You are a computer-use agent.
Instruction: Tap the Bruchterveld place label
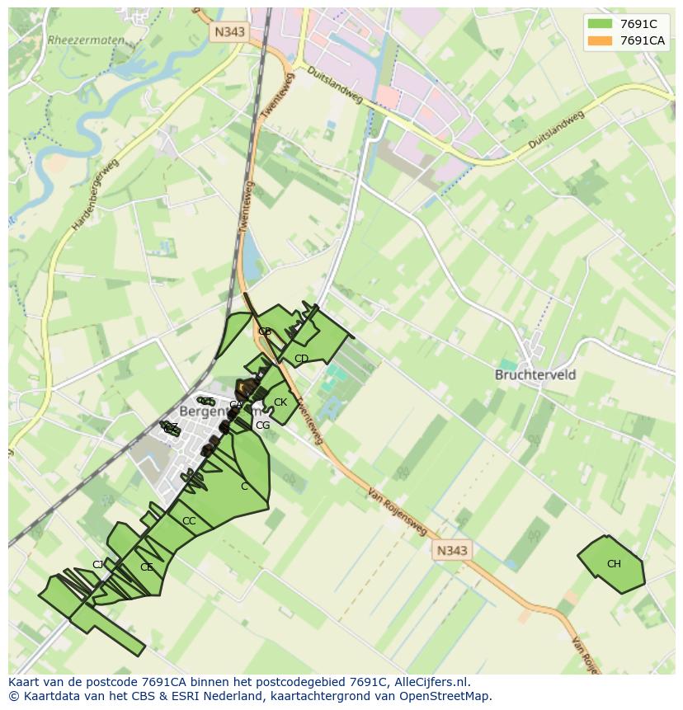(x=535, y=374)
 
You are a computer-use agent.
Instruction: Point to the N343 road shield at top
(x=228, y=31)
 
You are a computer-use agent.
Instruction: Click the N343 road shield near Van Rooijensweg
(x=451, y=550)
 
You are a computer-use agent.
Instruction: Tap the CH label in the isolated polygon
(x=614, y=564)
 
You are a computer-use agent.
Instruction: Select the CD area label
(x=301, y=359)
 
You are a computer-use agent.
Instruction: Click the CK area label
(x=280, y=402)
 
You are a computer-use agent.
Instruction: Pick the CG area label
(x=262, y=426)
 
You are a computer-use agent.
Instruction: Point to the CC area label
(x=189, y=521)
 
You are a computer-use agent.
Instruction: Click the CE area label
(x=147, y=567)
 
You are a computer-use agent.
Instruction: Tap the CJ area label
(x=98, y=565)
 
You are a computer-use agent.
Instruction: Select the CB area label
(x=265, y=331)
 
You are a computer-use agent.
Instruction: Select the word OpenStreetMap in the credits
(x=445, y=696)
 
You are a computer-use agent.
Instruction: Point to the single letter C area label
(x=244, y=487)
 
